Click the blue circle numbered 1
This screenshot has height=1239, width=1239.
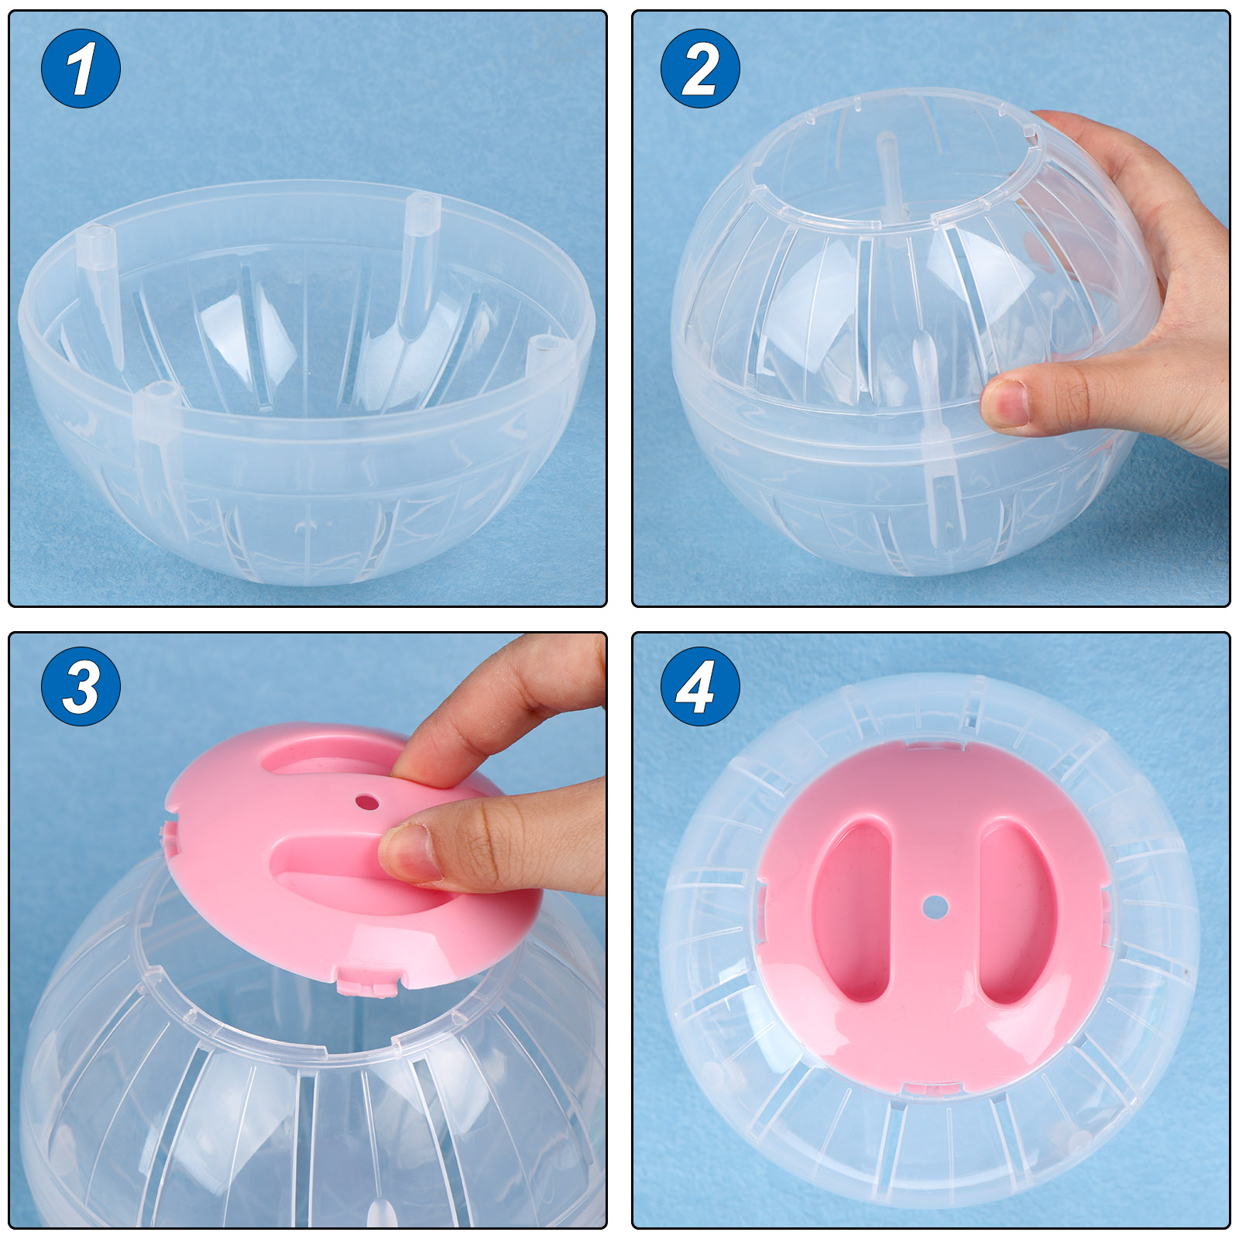point(81,68)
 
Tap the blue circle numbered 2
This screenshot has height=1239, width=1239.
point(700,68)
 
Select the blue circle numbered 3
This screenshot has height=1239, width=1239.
point(81,686)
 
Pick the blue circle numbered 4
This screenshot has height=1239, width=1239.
point(700,686)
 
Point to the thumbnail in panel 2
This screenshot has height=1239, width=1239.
point(1005,402)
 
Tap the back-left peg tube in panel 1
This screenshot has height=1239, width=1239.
point(101,294)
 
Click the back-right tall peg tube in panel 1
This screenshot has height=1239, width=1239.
point(418,263)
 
